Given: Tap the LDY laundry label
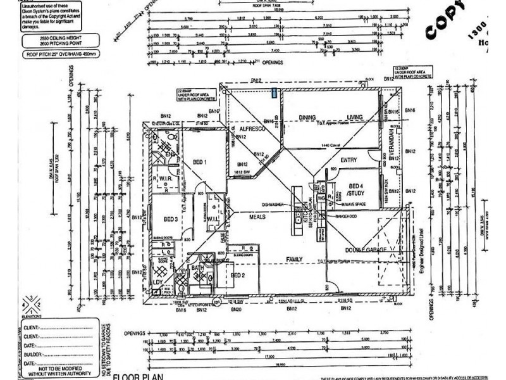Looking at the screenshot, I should click(158, 281).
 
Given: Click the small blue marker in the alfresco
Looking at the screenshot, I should click(273, 93).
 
